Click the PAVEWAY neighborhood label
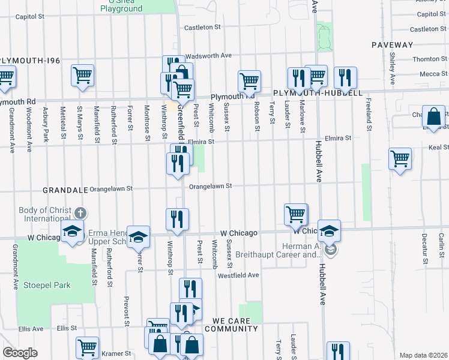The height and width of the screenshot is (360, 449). [393, 45]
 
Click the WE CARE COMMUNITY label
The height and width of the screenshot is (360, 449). [231, 329]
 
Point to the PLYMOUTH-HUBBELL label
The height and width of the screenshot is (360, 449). [318, 94]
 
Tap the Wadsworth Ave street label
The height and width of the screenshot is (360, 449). [208, 55]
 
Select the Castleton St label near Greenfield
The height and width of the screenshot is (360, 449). [203, 27]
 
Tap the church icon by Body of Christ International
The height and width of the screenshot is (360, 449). [80, 214]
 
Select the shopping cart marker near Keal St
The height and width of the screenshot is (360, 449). [400, 158]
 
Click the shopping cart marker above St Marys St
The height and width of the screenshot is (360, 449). [82, 75]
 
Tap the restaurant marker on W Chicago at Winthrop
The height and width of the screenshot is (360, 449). [177, 219]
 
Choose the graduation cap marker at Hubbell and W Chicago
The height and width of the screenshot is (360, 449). [329, 230]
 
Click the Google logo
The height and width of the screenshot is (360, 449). [20, 353]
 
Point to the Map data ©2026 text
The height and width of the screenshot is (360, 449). [423, 355]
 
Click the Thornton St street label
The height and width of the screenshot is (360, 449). [426, 59]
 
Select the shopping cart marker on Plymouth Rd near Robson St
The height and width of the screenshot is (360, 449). [249, 80]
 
